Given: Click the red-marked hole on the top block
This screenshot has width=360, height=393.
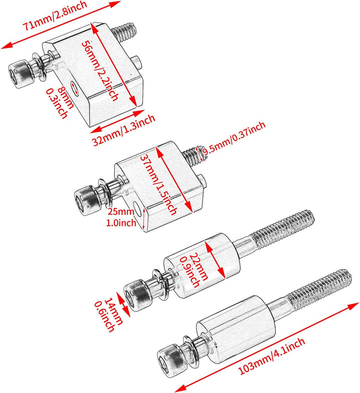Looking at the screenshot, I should (75, 88).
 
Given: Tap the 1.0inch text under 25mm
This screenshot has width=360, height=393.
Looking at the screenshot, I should (120, 223).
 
